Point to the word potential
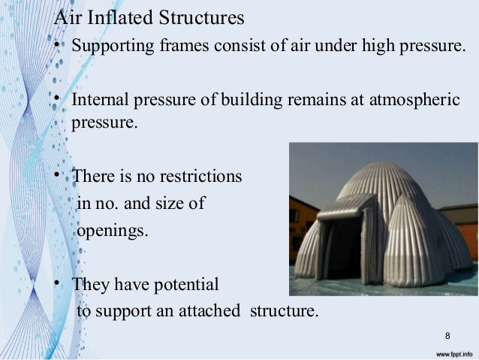tap(188, 285)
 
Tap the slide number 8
tap(447, 334)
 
